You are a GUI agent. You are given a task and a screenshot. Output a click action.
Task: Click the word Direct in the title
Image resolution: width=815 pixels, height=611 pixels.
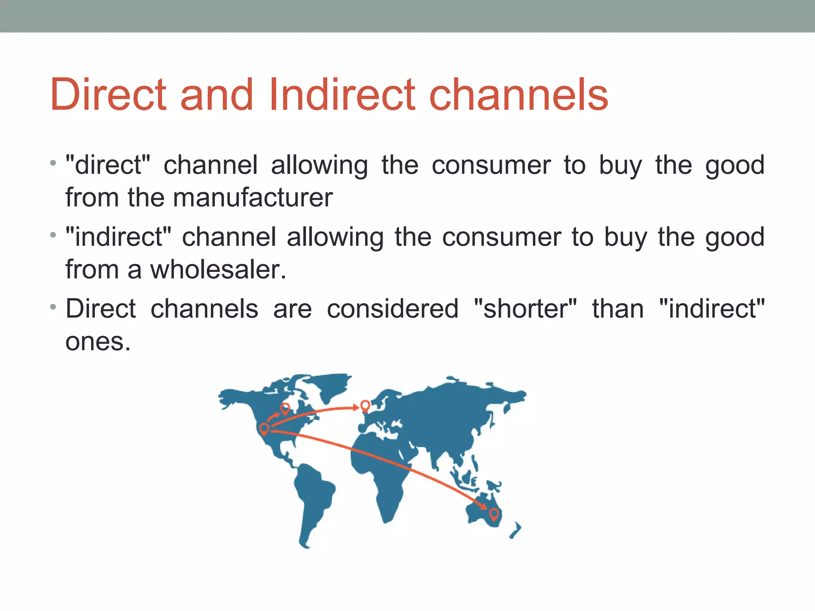pyautogui.click(x=108, y=95)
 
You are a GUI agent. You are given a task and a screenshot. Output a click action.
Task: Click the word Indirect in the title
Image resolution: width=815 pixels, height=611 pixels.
pyautogui.click(x=342, y=95)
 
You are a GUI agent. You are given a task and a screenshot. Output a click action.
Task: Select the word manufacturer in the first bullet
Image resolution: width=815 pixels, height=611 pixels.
pyautogui.click(x=253, y=198)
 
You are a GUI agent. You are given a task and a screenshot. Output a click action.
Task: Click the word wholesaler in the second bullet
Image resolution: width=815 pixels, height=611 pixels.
pyautogui.click(x=218, y=270)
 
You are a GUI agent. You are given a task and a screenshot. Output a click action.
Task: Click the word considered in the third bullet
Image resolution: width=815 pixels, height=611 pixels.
pyautogui.click(x=392, y=309)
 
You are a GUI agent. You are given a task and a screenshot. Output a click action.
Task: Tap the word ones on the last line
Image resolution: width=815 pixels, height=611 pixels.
pyautogui.click(x=97, y=342)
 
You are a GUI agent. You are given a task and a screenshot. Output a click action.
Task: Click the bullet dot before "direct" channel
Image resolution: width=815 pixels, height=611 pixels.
pyautogui.click(x=53, y=163)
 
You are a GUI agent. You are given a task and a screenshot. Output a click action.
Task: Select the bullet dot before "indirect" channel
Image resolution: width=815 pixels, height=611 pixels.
pyautogui.click(x=53, y=235)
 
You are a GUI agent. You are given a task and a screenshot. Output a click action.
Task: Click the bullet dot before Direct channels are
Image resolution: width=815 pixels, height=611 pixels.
pyautogui.click(x=53, y=307)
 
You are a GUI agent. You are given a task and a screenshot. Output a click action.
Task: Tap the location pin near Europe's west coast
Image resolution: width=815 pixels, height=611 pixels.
pyautogui.click(x=365, y=405)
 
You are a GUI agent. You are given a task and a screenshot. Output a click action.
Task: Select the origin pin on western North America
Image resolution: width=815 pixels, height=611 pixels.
pyautogui.click(x=264, y=429)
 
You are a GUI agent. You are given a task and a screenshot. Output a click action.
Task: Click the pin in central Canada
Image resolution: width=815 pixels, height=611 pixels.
pyautogui.click(x=285, y=408)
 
